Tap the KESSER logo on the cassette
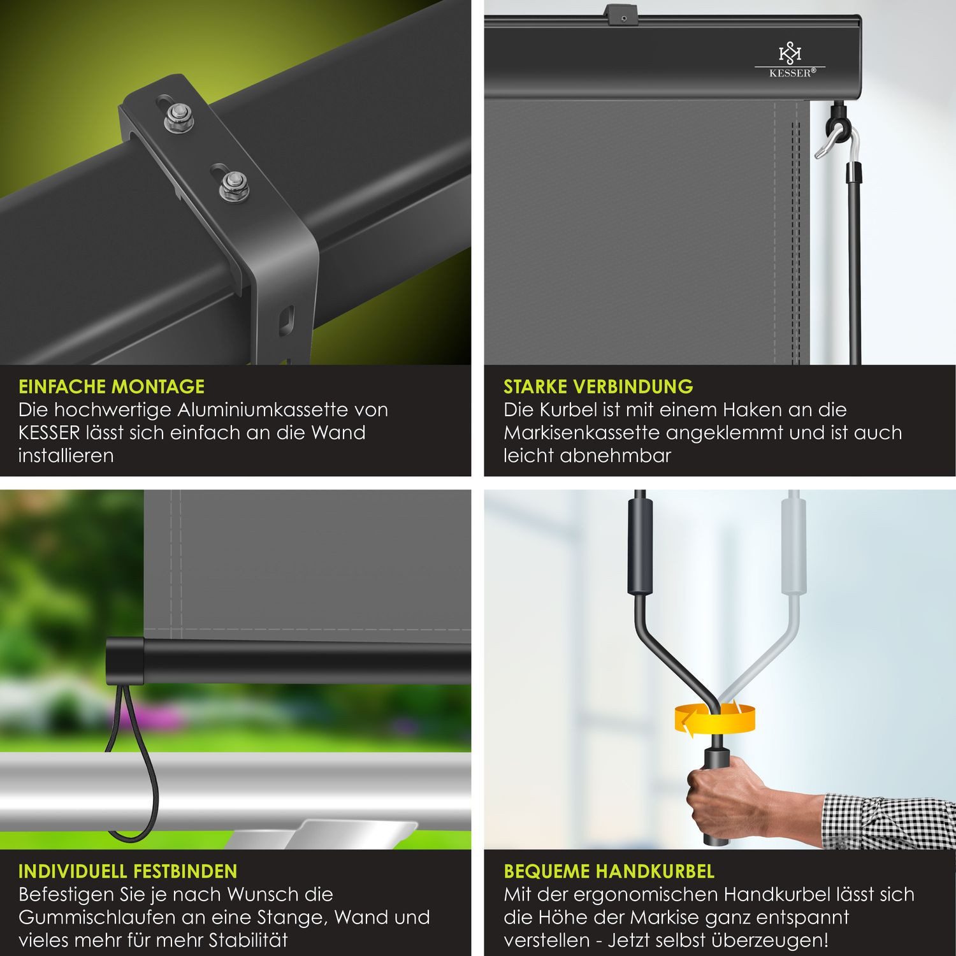[790, 61]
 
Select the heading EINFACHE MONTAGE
[112, 387]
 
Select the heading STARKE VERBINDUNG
[598, 387]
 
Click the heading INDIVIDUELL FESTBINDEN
[127, 871]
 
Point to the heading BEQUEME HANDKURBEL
[609, 871]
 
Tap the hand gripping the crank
[727, 797]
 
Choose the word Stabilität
[242, 940]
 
